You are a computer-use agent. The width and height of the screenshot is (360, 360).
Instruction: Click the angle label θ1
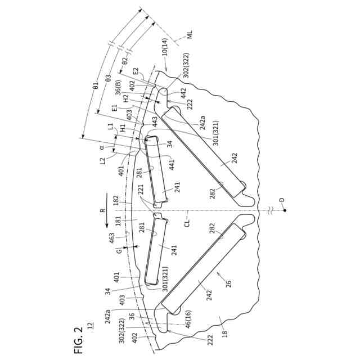(x=96, y=87)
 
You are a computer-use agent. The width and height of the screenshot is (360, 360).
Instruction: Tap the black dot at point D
(x=284, y=210)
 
